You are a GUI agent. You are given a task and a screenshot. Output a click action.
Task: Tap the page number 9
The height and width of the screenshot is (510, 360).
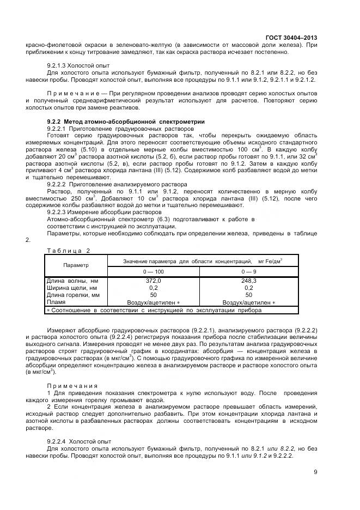click(315, 472)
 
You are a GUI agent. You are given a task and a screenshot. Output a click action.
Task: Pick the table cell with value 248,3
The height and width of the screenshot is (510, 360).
click(249, 280)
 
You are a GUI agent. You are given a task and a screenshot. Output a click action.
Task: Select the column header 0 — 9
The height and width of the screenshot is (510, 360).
click(249, 271)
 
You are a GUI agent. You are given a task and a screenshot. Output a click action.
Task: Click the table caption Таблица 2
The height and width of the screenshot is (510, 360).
click(68, 250)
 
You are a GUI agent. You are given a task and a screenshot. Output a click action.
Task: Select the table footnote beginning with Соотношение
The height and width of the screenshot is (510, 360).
click(155, 309)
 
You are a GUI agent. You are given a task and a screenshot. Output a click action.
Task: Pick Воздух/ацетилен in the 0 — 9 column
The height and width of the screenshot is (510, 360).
click(247, 302)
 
